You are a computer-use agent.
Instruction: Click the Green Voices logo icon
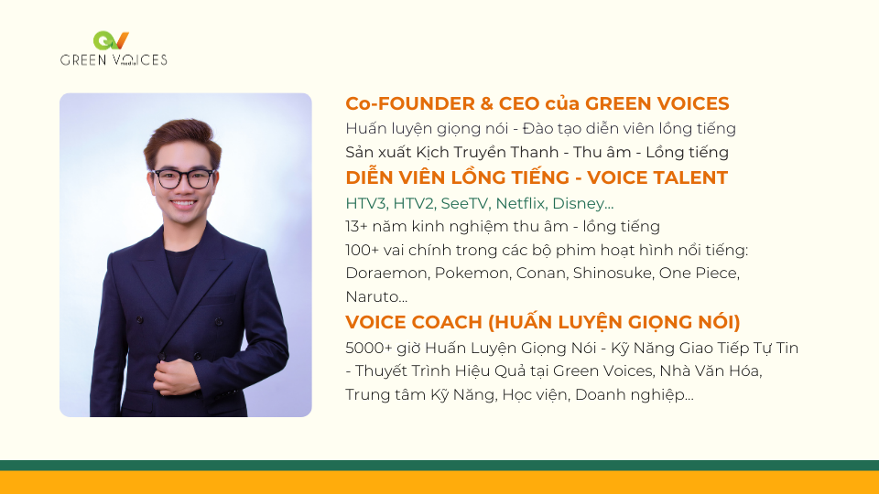(x=111, y=40)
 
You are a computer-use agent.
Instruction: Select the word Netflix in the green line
(x=520, y=203)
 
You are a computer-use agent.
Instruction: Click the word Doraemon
(x=386, y=273)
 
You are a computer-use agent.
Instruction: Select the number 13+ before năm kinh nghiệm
(x=355, y=226)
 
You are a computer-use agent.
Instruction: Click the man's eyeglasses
(x=183, y=178)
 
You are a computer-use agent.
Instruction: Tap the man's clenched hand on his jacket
(x=176, y=376)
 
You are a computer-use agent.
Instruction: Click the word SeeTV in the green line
(x=465, y=203)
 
